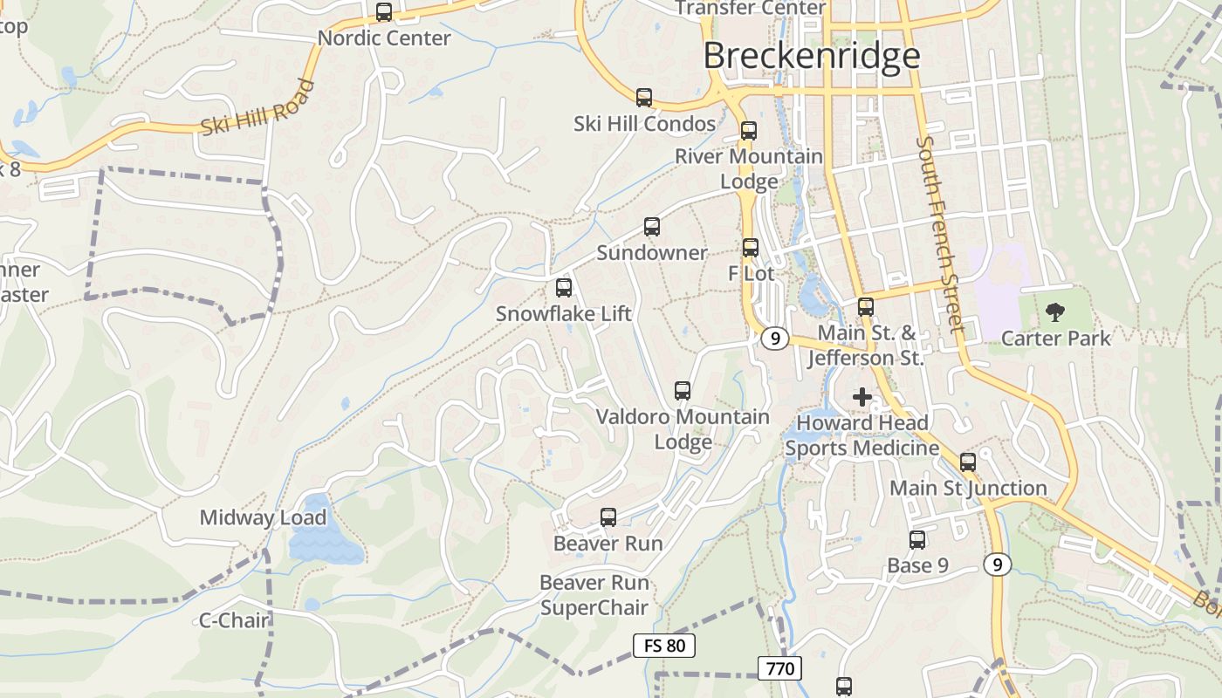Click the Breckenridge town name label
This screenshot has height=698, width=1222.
811,56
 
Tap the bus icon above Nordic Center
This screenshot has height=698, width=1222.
384,12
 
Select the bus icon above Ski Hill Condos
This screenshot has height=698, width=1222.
644,98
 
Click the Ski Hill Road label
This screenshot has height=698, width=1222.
257,108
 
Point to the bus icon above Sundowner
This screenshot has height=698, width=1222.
651,227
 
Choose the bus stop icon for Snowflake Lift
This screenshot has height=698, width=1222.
564,287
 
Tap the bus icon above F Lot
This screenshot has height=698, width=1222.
750,248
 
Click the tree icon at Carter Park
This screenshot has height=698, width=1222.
1055,311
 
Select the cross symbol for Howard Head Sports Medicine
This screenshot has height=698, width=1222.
862,397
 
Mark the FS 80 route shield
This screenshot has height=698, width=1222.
664,646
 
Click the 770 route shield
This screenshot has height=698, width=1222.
779,669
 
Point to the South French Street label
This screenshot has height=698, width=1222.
939,234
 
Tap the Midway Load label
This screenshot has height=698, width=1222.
263,517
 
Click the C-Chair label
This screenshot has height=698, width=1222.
234,620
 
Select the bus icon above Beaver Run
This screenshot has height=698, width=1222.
608,517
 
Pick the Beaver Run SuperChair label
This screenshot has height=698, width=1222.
594,595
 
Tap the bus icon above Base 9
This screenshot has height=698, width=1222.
917,540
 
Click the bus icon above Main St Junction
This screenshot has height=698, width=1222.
968,462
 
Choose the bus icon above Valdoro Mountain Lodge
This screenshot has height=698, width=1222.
683,391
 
